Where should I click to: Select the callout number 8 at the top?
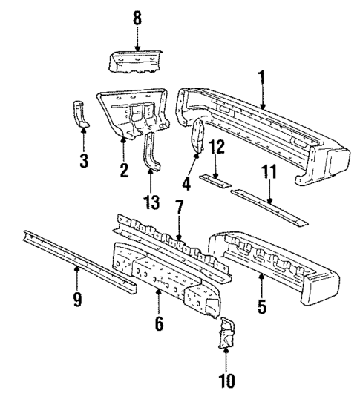137,17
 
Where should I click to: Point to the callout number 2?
123,171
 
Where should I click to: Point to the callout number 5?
261,304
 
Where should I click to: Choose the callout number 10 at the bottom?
225,381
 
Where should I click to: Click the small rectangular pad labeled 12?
217,180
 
